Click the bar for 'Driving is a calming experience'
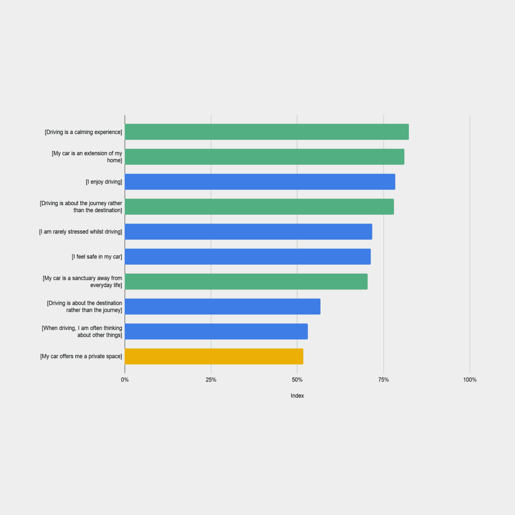pyautogui.click(x=267, y=132)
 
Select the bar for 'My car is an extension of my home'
pyautogui.click(x=264, y=157)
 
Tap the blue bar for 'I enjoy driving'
pyautogui.click(x=260, y=182)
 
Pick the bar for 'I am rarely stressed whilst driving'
pyautogui.click(x=248, y=232)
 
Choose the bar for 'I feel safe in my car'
pyautogui.click(x=247, y=257)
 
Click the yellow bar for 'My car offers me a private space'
pyautogui.click(x=214, y=356)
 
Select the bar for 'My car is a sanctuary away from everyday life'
pyautogui.click(x=246, y=281)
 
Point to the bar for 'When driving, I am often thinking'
pyautogui.click(x=216, y=331)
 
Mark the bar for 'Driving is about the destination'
pyautogui.click(x=222, y=307)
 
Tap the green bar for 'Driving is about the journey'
pyautogui.click(x=259, y=207)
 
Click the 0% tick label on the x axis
pyautogui.click(x=124, y=380)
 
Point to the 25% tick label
pyautogui.click(x=211, y=380)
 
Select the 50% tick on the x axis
pyautogui.click(x=297, y=380)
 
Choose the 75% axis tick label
pyautogui.click(x=383, y=380)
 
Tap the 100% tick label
pyautogui.click(x=470, y=380)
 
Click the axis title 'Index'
pyautogui.click(x=297, y=396)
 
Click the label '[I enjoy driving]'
pyautogui.click(x=104, y=182)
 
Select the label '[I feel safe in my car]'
pyautogui.click(x=97, y=257)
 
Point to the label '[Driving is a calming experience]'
pyautogui.click(x=83, y=132)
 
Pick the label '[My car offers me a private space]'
pyautogui.click(x=81, y=356)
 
